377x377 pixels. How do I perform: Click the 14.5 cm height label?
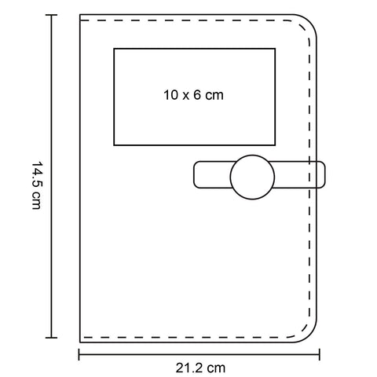[x=37, y=185]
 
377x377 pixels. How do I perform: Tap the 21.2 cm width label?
[x=200, y=368]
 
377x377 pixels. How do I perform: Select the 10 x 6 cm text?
[x=193, y=95]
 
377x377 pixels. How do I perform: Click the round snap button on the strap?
[x=252, y=177]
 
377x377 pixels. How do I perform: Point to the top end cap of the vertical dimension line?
[x=51, y=15]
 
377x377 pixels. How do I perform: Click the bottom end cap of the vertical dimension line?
[x=51, y=338]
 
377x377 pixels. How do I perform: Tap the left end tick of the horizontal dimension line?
[x=79, y=354]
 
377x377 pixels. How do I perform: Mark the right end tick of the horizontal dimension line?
[x=320, y=354]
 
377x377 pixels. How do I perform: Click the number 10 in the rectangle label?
[x=170, y=95]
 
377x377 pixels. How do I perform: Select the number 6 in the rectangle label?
[x=197, y=95]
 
